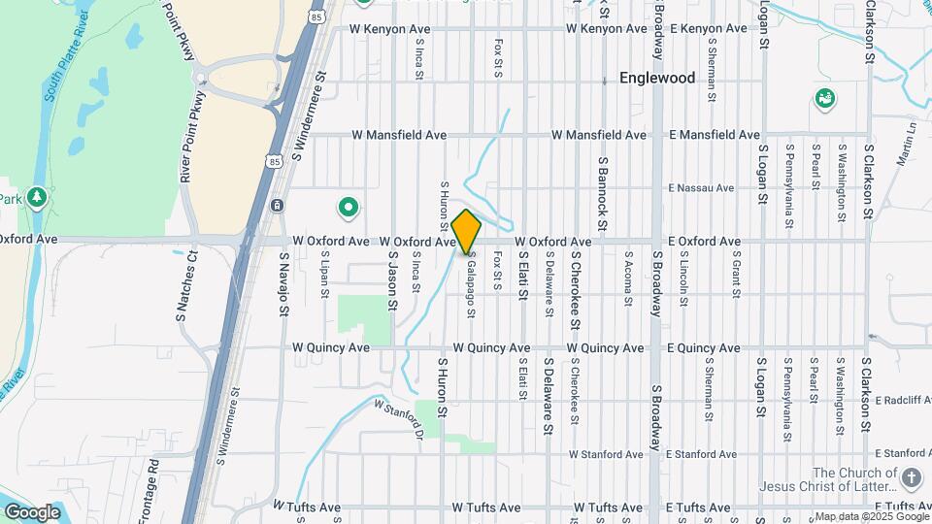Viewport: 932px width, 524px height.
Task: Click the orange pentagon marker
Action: pyautogui.click(x=467, y=232)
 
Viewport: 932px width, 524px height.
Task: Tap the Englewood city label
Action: pyautogui.click(x=657, y=79)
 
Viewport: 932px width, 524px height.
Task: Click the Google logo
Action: pyautogui.click(x=33, y=511)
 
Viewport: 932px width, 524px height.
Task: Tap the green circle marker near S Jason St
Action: pyautogui.click(x=348, y=207)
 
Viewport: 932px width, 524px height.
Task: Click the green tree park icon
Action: pyautogui.click(x=37, y=198)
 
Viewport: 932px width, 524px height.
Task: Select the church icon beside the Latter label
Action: pyautogui.click(x=911, y=477)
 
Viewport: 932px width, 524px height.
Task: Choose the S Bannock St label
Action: pyautogui.click(x=603, y=193)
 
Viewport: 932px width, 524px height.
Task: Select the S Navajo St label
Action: pyautogui.click(x=285, y=283)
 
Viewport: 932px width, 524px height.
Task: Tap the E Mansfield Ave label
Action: pyautogui.click(x=716, y=135)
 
